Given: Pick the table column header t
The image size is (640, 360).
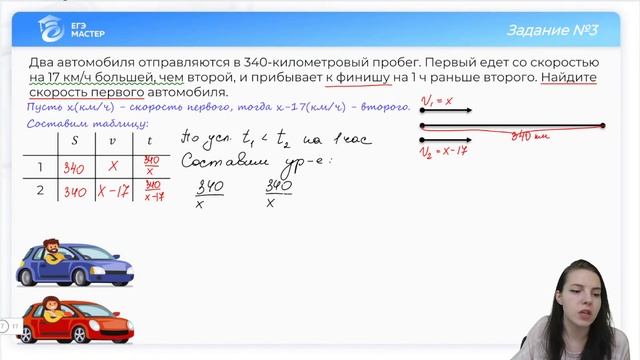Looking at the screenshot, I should pos(151,140).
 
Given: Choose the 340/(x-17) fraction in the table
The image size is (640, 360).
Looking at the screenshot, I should pos(151,191).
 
